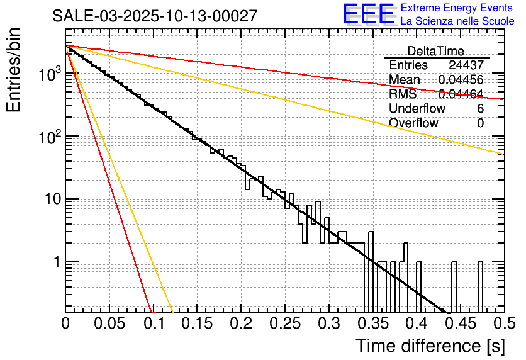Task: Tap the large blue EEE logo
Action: pyautogui.click(x=367, y=15)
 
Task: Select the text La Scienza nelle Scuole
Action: pyautogui.click(x=457, y=21)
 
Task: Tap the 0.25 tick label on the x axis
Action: pyautogui.click(x=284, y=324)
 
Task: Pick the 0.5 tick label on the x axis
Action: pyautogui.click(x=503, y=324)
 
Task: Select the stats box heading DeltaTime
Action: pyautogui.click(x=436, y=51)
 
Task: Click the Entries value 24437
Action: pyautogui.click(x=466, y=65)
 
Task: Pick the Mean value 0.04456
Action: pyautogui.click(x=461, y=80)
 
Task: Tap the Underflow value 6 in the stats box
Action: pyautogui.click(x=480, y=108)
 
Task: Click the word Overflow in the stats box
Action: pyautogui.click(x=413, y=123)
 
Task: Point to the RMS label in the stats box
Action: pyautogui.click(x=403, y=94)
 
